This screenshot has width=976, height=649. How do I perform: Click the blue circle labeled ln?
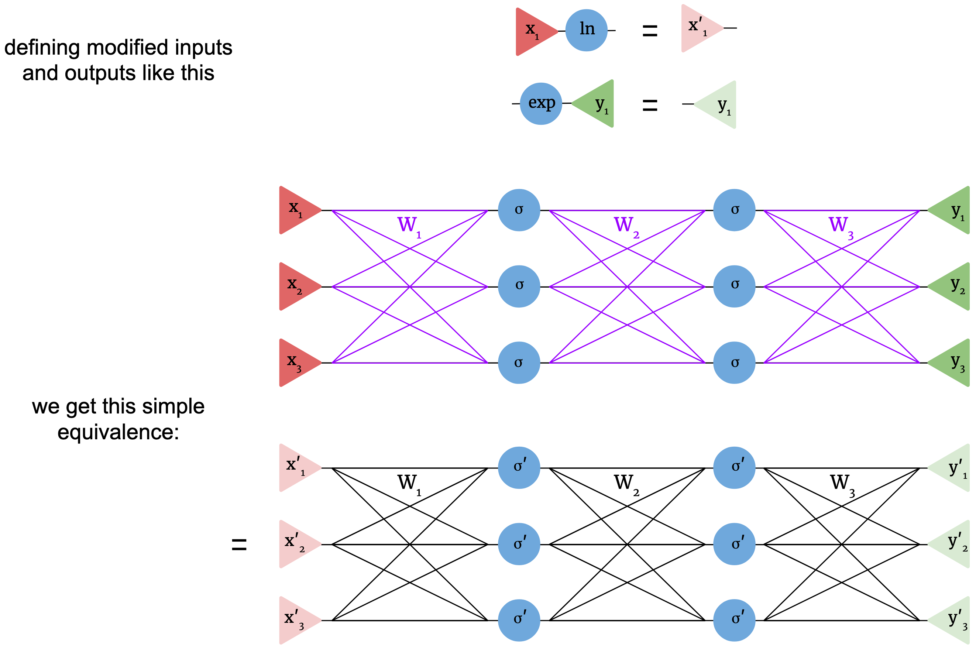pyautogui.click(x=586, y=30)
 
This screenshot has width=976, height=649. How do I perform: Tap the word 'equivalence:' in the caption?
pyautogui.click(x=118, y=433)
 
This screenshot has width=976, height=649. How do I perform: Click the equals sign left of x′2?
pyautogui.click(x=239, y=544)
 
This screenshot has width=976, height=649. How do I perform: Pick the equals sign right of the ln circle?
pyautogui.click(x=649, y=31)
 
